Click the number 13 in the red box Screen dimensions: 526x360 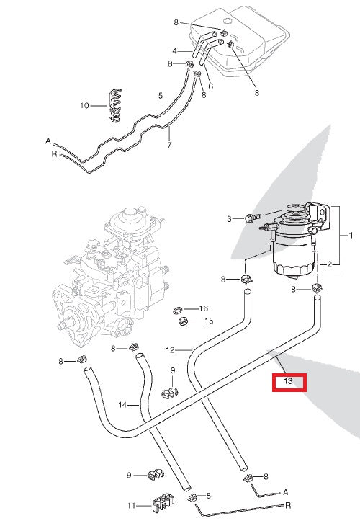pyautogui.click(x=288, y=381)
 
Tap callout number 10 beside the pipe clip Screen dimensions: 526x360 pyautogui.click(x=84, y=106)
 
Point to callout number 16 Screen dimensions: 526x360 pyautogui.click(x=204, y=308)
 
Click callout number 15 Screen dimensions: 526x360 pyautogui.click(x=210, y=321)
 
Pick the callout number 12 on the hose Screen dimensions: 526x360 pyautogui.click(x=170, y=350)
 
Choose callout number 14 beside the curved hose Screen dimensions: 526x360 pyautogui.click(x=123, y=406)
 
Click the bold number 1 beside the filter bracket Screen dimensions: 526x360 pyautogui.click(x=351, y=236)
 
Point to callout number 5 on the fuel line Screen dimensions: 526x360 pyautogui.click(x=161, y=95)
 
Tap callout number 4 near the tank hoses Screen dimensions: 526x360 pyautogui.click(x=174, y=50)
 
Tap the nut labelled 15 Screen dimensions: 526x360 pyautogui.click(x=184, y=321)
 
